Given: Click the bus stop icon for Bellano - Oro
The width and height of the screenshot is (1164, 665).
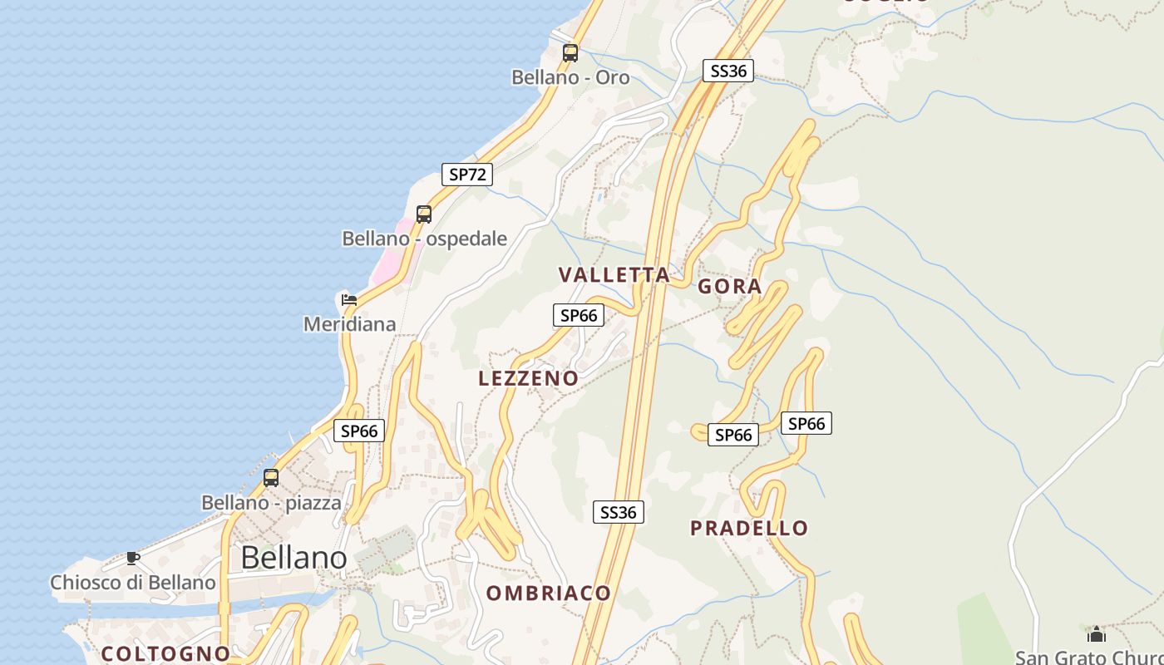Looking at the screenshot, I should click(x=570, y=53).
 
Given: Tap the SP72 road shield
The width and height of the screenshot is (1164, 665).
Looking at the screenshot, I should click(x=467, y=175).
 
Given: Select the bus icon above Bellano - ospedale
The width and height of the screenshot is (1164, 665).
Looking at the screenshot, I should click(x=424, y=214).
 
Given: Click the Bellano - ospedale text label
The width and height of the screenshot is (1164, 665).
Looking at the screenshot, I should click(x=424, y=239).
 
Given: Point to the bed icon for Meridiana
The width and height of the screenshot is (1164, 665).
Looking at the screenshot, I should click(x=349, y=299).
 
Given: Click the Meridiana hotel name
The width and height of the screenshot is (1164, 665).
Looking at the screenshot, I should click(x=349, y=324).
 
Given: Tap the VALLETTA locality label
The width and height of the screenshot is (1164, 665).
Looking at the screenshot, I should click(x=614, y=275).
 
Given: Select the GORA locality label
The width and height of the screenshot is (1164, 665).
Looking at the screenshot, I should click(x=729, y=287).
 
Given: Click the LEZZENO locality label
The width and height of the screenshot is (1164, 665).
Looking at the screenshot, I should click(x=528, y=379).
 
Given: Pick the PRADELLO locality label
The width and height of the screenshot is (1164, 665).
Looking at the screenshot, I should click(x=748, y=529).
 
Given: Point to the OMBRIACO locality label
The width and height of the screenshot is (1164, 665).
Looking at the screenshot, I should click(x=549, y=594).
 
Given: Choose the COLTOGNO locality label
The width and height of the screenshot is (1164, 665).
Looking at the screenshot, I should click(x=165, y=654).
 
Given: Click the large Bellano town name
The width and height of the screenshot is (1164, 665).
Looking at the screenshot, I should click(x=293, y=558).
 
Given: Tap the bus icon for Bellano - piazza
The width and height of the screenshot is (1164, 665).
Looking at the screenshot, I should click(x=271, y=478).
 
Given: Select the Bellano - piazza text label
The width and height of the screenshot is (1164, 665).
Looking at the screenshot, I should click(x=271, y=503).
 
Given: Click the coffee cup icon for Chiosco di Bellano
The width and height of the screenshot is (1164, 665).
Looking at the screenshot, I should click(x=133, y=558).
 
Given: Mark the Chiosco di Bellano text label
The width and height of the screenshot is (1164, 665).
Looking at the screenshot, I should click(x=133, y=583).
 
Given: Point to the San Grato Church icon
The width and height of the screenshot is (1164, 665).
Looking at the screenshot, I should click(x=1097, y=634).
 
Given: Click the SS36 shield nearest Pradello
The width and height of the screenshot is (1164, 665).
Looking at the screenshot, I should click(x=619, y=512).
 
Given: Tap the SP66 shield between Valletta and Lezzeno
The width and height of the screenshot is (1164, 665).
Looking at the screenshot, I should click(x=578, y=315).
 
